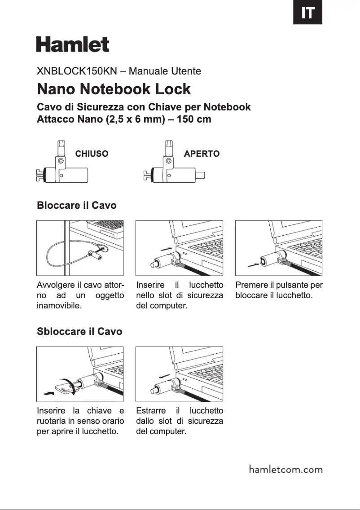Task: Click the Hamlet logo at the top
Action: coord(73,44)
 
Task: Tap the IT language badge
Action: coord(307,13)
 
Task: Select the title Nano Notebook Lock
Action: coord(114,89)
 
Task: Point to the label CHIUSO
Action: coord(92,154)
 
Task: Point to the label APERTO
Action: coord(202,154)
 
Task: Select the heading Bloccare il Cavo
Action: coord(76,206)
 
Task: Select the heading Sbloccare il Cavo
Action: coord(79,332)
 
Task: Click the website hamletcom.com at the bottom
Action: coord(285,470)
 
